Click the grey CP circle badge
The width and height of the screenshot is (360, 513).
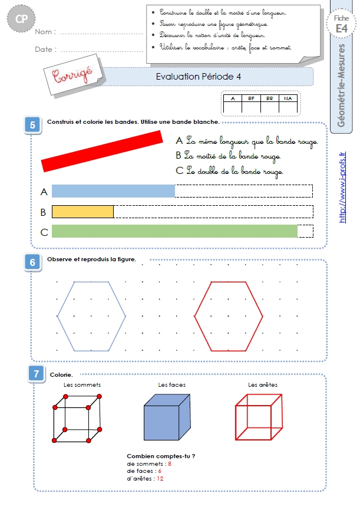point(21,19)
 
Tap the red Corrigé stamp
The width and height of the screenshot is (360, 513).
point(72,75)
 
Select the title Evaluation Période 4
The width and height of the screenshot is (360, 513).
point(198,77)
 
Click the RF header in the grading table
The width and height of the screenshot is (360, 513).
point(251,98)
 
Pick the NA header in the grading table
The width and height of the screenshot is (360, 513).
point(288,98)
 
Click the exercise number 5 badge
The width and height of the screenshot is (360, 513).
point(32,125)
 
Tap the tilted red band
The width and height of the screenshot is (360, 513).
point(102,151)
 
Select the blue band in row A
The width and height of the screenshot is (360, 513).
point(114,191)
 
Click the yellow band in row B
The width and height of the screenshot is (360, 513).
point(82,212)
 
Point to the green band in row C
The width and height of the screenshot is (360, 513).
point(174,231)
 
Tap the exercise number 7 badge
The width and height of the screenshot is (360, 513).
point(37,374)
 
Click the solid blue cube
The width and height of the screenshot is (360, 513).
point(167,417)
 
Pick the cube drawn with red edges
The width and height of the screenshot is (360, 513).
point(236,423)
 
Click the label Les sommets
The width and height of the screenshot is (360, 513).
point(82,385)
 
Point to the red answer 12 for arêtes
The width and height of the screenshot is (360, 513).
point(160,479)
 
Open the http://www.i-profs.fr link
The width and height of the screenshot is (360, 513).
point(342,187)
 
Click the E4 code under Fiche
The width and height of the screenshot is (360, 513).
point(341,29)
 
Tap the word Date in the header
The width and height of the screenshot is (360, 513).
point(44,50)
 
